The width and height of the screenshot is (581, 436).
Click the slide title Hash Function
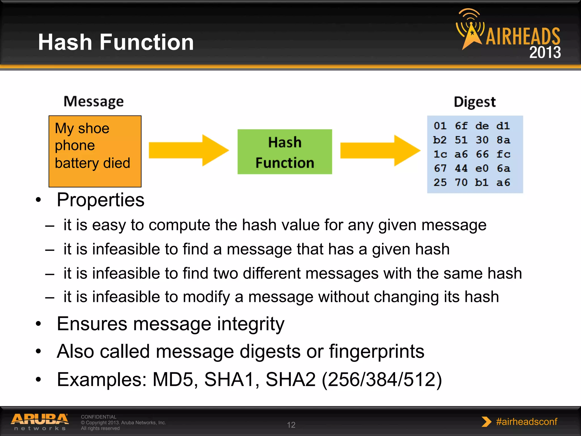click(x=116, y=42)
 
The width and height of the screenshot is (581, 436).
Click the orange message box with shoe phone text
click(x=95, y=151)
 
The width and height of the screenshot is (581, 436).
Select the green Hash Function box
click(x=285, y=152)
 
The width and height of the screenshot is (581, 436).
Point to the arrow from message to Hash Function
click(x=188, y=150)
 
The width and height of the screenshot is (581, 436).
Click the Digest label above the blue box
click(x=475, y=102)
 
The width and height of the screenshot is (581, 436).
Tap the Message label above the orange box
click(x=94, y=102)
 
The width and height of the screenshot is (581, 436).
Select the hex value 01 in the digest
click(x=440, y=126)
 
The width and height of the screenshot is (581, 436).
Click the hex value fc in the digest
click(x=503, y=154)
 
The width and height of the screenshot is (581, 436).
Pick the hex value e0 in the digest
click(x=482, y=168)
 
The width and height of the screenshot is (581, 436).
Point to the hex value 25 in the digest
click(x=440, y=182)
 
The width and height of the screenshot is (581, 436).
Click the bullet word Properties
click(x=100, y=200)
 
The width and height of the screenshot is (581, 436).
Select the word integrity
click(x=250, y=324)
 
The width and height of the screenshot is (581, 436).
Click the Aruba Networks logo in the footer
click(x=40, y=422)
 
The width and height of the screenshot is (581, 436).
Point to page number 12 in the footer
click(x=291, y=425)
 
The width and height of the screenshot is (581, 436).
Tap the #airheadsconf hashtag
click(x=526, y=422)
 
